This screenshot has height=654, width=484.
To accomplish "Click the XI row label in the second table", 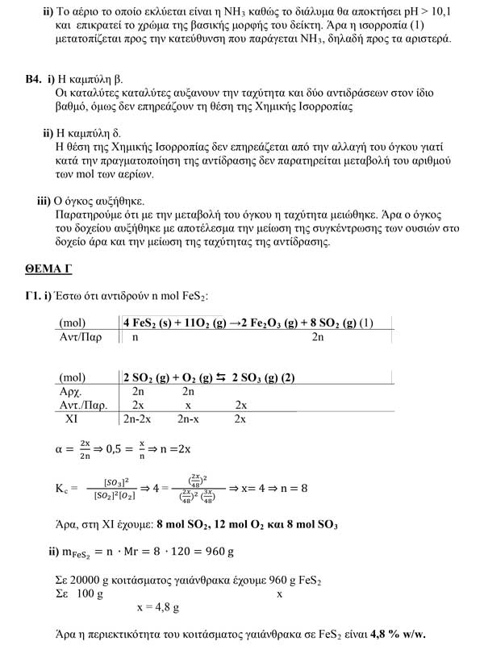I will click(74, 419).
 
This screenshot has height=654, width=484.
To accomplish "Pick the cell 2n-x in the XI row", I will click(190, 419).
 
